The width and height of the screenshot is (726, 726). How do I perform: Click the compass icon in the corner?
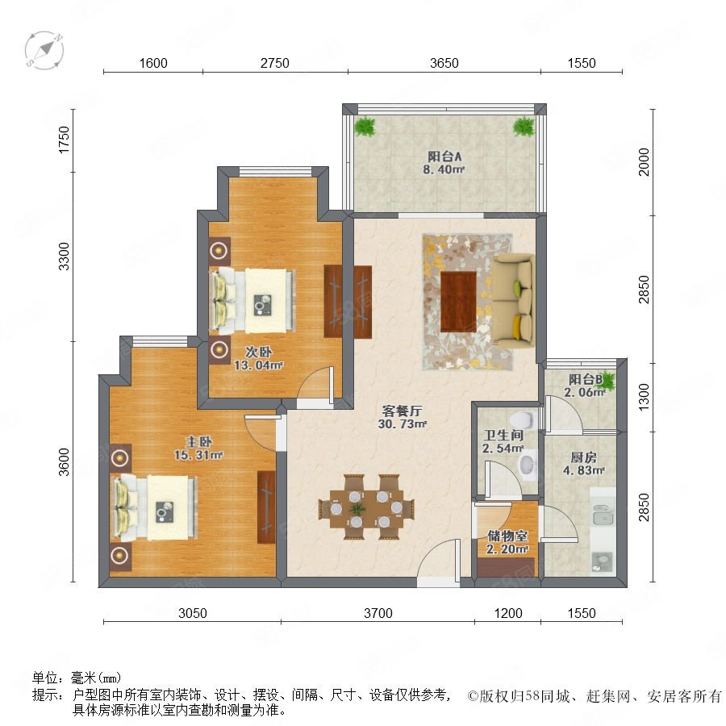point(44,50)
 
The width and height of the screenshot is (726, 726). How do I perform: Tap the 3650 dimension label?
point(444,63)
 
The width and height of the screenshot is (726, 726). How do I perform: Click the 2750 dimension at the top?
point(274,63)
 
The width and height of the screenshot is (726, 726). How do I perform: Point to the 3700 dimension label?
point(378,613)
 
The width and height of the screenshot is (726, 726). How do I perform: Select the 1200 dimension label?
point(508,613)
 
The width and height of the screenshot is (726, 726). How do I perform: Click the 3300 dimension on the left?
point(64,256)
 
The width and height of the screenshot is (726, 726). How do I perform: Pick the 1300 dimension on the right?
point(644,397)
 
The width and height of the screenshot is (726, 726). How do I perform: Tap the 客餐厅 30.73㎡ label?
point(402,417)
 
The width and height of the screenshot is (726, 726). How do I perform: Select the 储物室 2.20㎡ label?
point(507,542)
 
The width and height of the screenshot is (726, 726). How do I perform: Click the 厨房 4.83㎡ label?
point(583,464)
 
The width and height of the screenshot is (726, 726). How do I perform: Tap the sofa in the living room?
point(513,300)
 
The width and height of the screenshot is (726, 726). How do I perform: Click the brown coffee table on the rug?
point(458,302)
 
